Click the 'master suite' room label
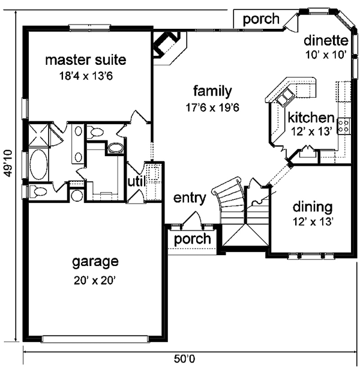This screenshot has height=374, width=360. (x=86, y=60)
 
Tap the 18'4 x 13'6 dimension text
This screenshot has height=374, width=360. (x=86, y=76)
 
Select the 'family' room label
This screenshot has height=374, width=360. (x=212, y=91)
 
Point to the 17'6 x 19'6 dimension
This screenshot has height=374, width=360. (x=212, y=108)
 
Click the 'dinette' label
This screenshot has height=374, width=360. (x=326, y=41)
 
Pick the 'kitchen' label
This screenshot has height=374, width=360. (x=311, y=118)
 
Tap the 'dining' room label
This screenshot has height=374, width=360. (x=313, y=208)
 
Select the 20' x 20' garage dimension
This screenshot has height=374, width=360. (x=95, y=280)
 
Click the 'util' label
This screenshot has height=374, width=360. (x=137, y=182)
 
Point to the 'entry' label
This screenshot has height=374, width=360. (x=190, y=199)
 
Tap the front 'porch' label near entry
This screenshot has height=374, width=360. (x=193, y=240)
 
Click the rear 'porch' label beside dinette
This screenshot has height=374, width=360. (x=261, y=19)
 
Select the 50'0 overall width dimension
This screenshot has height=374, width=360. (x=184, y=359)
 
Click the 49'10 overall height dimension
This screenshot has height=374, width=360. (x=8, y=163)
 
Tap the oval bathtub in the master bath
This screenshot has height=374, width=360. (x=39, y=164)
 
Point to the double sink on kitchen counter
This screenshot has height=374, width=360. (x=284, y=97)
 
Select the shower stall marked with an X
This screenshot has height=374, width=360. (x=38, y=134)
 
